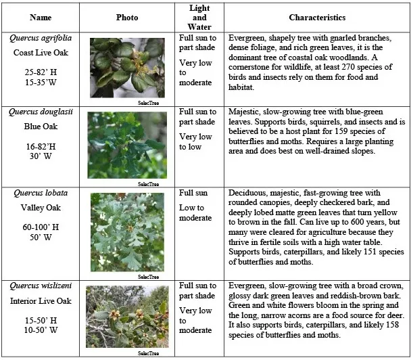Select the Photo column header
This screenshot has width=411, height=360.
coord(127,18)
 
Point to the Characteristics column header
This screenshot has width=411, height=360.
coord(317,18)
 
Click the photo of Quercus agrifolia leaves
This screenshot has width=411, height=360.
coord(127,68)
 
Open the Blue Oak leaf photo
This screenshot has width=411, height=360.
coord(127,145)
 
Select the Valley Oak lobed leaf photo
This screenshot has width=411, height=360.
coord(127,231)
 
